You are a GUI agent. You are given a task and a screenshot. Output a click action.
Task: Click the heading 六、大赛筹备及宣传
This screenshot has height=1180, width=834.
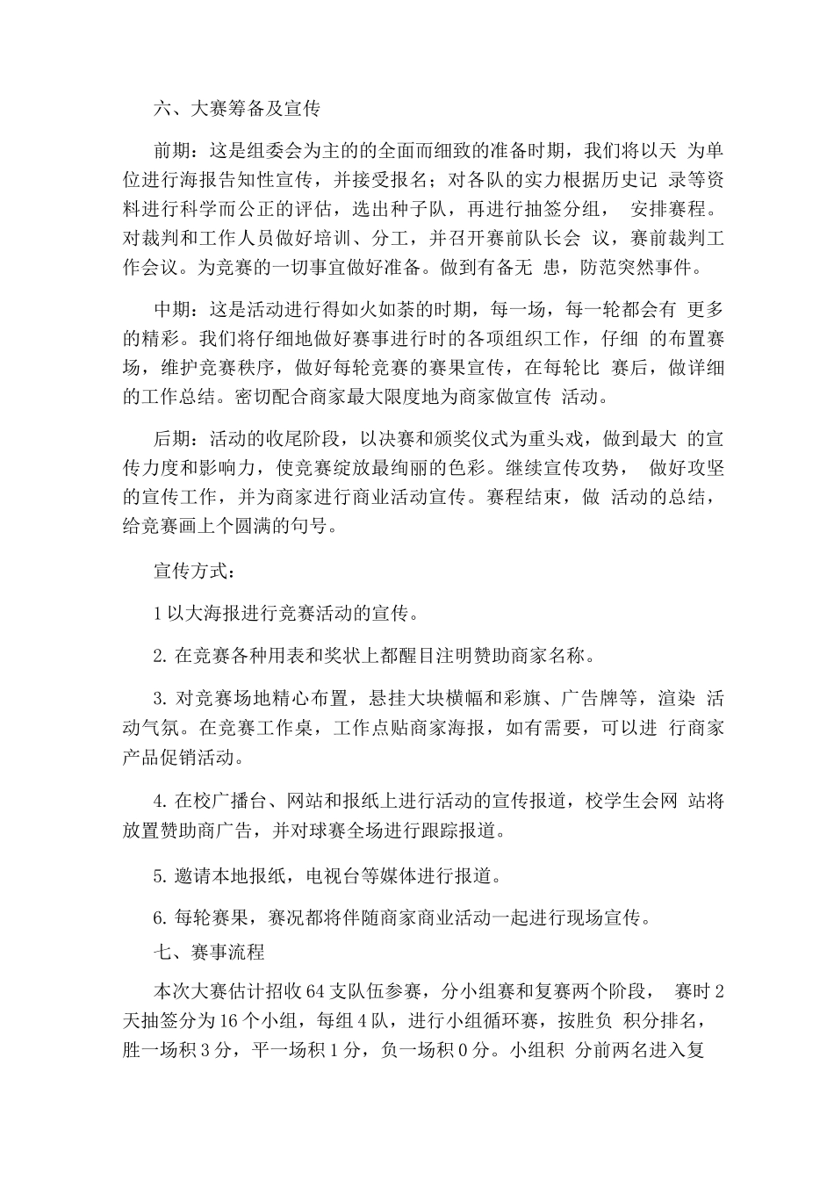click(x=236, y=110)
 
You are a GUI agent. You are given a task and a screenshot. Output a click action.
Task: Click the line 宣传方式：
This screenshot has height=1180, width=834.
click(x=194, y=572)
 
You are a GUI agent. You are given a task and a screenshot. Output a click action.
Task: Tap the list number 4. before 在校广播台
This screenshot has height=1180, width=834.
click(x=159, y=801)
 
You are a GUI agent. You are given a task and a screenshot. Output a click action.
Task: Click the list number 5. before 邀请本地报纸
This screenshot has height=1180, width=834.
click(x=159, y=875)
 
